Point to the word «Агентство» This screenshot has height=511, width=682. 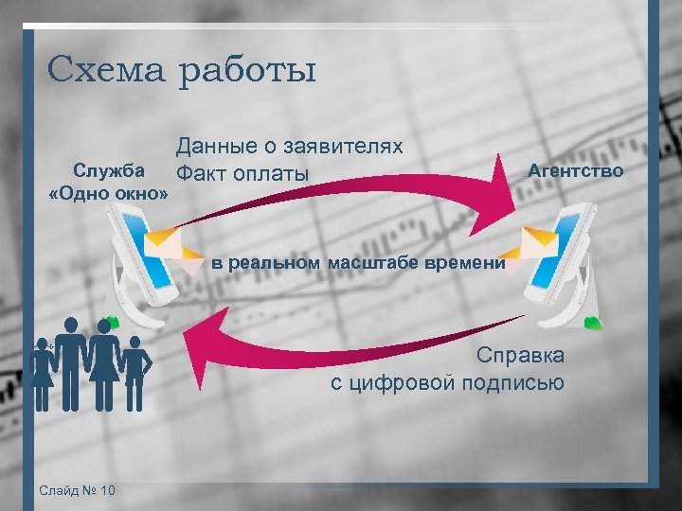click(576, 171)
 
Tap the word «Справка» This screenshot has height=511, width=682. click(520, 356)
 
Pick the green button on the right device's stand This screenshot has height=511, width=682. click(592, 322)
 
